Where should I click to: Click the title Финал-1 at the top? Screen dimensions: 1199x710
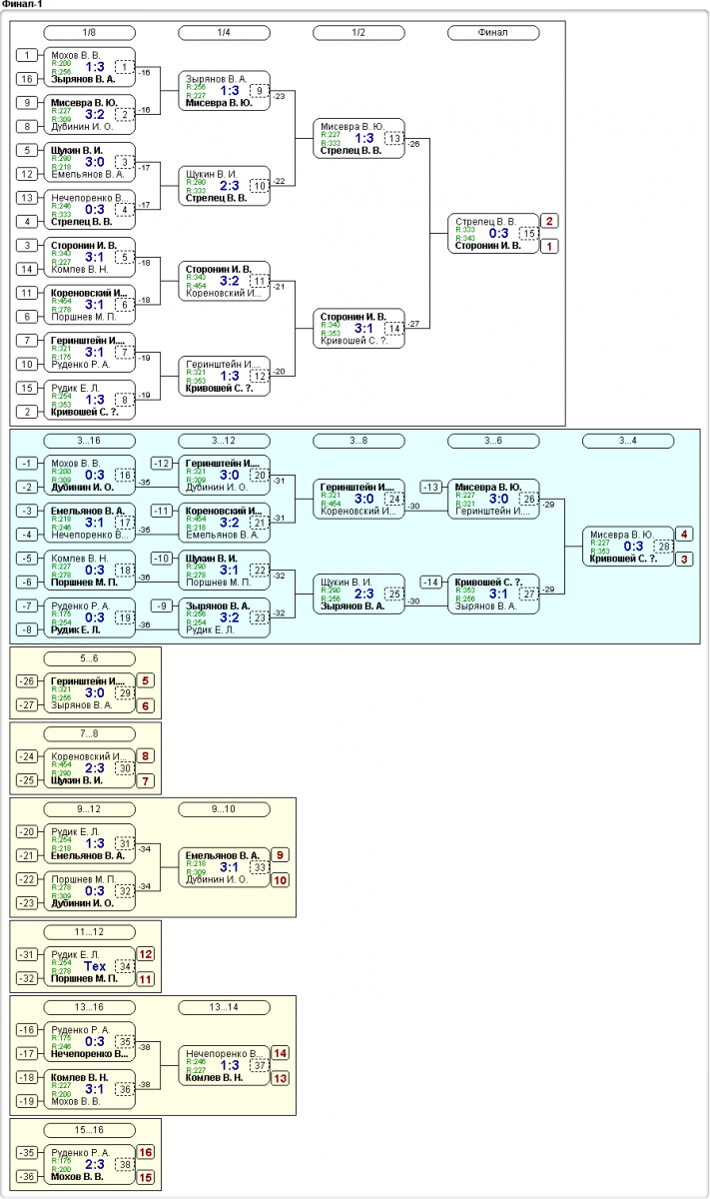pyautogui.click(x=22, y=5)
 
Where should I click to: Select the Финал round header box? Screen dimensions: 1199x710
pyautogui.click(x=492, y=32)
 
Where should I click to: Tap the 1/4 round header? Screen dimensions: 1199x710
pyautogui.click(x=224, y=32)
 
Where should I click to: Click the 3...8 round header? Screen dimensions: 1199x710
pyautogui.click(x=357, y=441)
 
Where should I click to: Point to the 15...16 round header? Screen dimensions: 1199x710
pyautogui.click(x=89, y=1130)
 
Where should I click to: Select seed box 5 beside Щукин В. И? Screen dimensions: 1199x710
pyautogui.click(x=28, y=150)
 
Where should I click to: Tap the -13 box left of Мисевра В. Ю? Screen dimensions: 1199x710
pyautogui.click(x=431, y=487)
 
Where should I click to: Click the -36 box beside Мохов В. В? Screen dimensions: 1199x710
pyautogui.click(x=28, y=1176)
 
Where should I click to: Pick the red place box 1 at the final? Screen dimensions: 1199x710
pyautogui.click(x=549, y=246)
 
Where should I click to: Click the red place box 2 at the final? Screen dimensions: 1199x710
pyautogui.click(x=549, y=221)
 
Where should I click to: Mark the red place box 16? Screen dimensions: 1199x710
pyautogui.click(x=146, y=1152)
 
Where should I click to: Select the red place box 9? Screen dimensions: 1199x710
pyautogui.click(x=281, y=855)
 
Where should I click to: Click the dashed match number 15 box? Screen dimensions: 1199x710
pyautogui.click(x=528, y=233)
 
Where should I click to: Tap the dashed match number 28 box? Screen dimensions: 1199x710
pyautogui.click(x=663, y=546)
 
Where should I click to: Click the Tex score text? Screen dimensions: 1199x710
pyautogui.click(x=95, y=966)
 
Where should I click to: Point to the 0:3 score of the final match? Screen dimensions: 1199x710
pyautogui.click(x=498, y=233)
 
